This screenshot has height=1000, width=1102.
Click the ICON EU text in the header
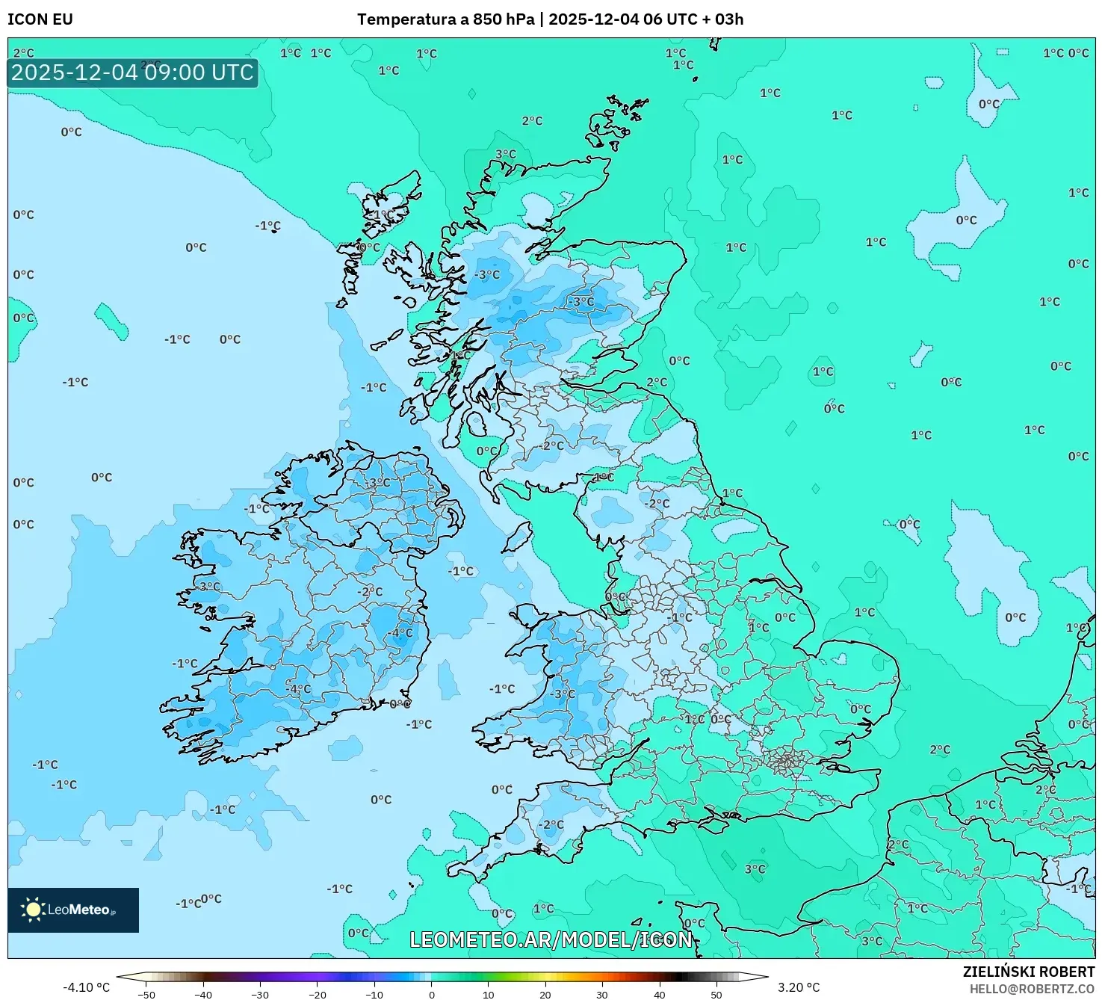40,19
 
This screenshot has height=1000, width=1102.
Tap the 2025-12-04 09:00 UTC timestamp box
133,73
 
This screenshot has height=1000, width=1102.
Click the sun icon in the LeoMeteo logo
33,910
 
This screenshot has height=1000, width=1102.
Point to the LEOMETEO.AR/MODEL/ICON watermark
551,939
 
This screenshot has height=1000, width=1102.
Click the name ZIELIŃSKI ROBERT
1028,972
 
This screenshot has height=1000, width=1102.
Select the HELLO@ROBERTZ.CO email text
1032,989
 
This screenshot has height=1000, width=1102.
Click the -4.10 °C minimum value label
86,987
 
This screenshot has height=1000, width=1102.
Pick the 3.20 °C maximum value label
799,987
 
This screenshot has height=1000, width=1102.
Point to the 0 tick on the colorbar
431,994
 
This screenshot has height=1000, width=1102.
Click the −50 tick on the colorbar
146,994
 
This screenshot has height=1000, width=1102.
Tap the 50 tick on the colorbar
716,994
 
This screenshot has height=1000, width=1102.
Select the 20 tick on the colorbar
545,994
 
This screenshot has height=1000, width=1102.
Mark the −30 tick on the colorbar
260,994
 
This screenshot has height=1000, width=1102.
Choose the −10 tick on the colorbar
374,994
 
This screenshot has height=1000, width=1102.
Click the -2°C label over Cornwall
551,825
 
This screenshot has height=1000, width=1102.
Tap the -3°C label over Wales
563,694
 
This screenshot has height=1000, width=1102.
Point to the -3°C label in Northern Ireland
377,483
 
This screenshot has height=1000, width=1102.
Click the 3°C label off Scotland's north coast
506,155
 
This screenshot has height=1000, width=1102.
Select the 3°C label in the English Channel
755,869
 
